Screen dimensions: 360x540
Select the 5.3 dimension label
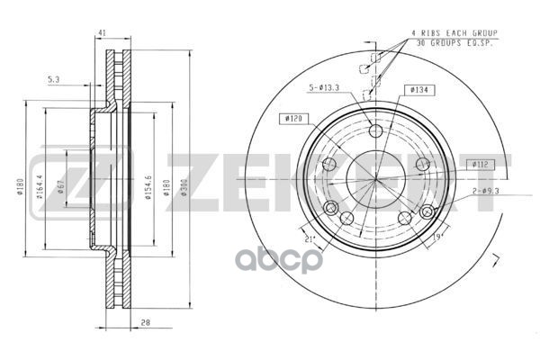pyautogui.click(x=53, y=81)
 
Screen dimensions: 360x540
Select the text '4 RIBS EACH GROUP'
pyautogui.click(x=454, y=33)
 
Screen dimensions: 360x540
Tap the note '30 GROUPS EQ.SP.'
pyautogui.click(x=454, y=42)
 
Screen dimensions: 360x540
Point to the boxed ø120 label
pyautogui.click(x=292, y=118)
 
